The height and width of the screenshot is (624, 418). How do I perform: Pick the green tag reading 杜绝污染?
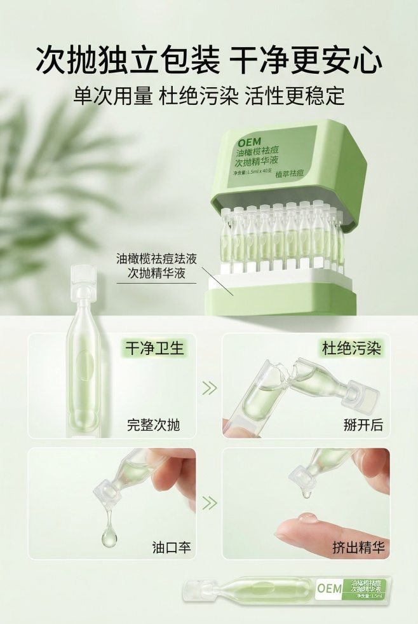(346, 349)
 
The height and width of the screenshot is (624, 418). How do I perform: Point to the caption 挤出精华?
(358, 546)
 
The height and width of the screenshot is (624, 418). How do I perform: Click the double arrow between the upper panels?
(209, 387)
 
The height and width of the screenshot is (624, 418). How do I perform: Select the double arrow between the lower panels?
(209, 503)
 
